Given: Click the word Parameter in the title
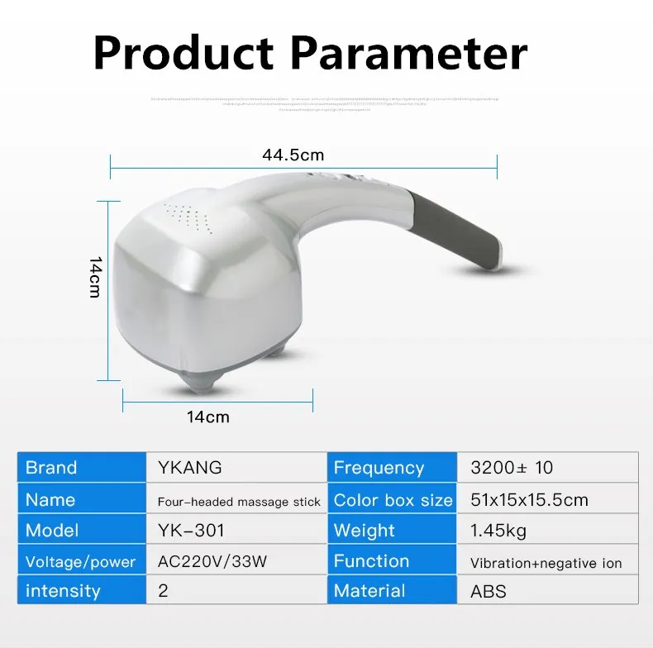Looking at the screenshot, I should [x=410, y=53].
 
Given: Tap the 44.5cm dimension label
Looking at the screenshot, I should [x=293, y=155].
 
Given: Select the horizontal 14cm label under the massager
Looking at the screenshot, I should [x=207, y=417].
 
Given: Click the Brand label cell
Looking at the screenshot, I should [x=50, y=468].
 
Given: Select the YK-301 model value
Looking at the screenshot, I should [x=191, y=530].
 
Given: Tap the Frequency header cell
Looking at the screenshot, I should [x=378, y=468].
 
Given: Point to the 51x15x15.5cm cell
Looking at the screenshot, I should [x=529, y=499].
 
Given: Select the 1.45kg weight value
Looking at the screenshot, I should [x=498, y=530].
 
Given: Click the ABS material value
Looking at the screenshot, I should [x=488, y=591].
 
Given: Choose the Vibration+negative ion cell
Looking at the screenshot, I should [x=546, y=563].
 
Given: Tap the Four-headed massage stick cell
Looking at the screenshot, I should [x=239, y=501].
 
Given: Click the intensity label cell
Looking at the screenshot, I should [x=62, y=591].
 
